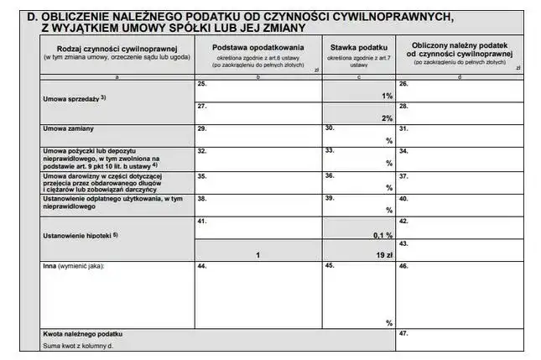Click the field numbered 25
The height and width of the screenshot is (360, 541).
pos(257,91)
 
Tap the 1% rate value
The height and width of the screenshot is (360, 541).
pos(387,96)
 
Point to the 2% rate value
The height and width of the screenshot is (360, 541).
pos(387,118)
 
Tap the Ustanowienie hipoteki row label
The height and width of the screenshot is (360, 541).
pos(80,235)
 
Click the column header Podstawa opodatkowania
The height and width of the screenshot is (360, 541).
pos(257,48)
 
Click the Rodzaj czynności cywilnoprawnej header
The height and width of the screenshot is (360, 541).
pos(117,48)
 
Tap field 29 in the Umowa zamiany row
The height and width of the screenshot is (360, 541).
pos(257,134)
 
